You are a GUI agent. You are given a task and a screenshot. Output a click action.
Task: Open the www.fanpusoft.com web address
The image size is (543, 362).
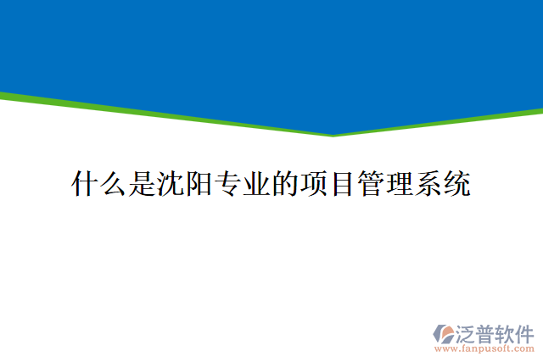point(484,348)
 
